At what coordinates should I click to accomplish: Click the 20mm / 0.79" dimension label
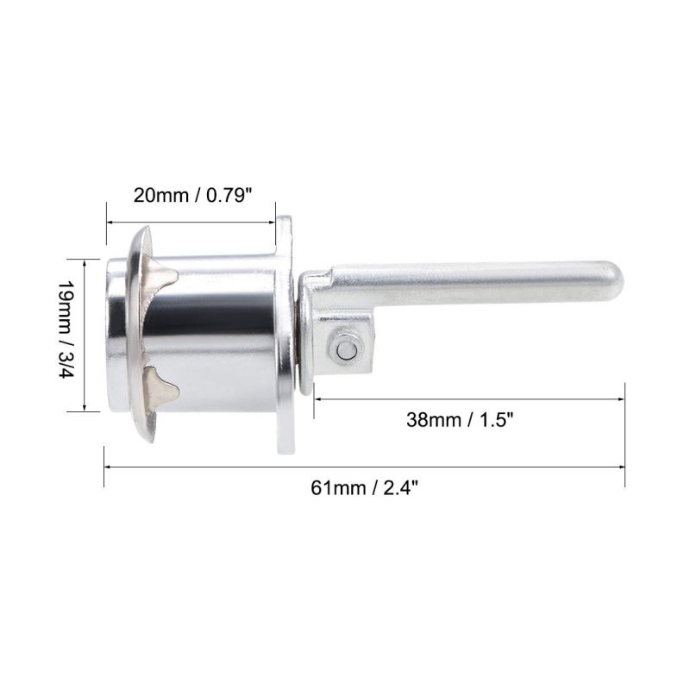pos(192,195)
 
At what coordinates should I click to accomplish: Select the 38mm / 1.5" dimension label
pos(460,420)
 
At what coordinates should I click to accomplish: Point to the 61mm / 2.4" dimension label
pos(364,488)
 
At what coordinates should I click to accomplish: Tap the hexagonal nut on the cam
pos(346,349)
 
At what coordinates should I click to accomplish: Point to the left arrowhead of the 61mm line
pos(107,467)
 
